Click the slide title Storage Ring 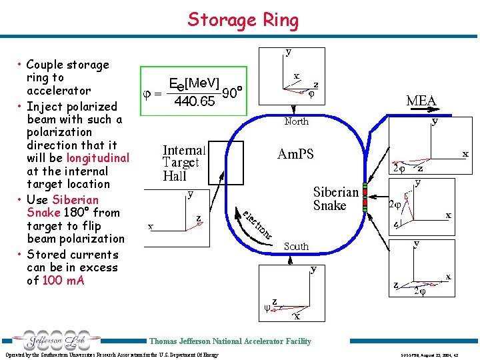pyautogui.click(x=243, y=19)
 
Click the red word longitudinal pyautogui.click(x=97, y=158)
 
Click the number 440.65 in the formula pyautogui.click(x=194, y=102)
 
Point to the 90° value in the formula pyautogui.click(x=230, y=93)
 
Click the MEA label pyautogui.click(x=421, y=101)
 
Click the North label pyautogui.click(x=296, y=121)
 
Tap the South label pyautogui.click(x=296, y=247)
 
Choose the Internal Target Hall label pyautogui.click(x=184, y=162)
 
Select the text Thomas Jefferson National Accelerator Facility pyautogui.click(x=229, y=341)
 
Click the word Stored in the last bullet pyautogui.click(x=48, y=255)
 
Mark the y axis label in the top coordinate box pyautogui.click(x=288, y=51)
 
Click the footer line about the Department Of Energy pyautogui.click(x=111, y=355)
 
